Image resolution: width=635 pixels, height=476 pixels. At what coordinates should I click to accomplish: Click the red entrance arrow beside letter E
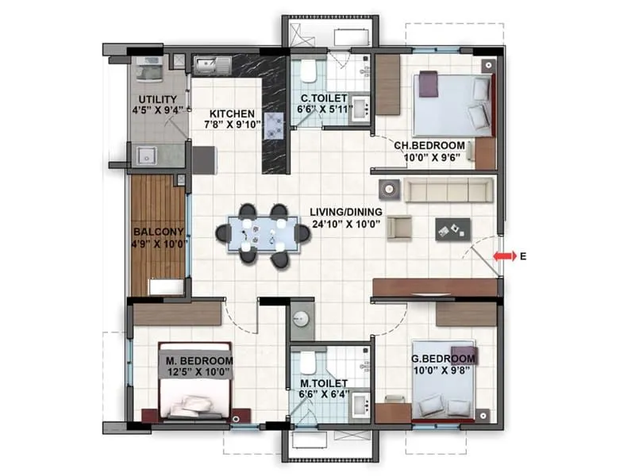click(502, 256)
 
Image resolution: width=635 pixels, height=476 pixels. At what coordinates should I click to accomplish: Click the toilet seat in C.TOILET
click(308, 74)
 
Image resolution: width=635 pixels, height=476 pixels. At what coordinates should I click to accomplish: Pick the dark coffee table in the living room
click(452, 228)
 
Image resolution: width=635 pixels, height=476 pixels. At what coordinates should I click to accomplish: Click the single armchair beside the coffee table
click(399, 228)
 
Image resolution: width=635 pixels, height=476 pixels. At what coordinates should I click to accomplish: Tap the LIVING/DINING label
click(346, 212)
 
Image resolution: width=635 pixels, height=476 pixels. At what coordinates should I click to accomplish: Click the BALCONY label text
click(159, 232)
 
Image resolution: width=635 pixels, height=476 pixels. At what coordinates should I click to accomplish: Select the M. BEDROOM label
click(199, 360)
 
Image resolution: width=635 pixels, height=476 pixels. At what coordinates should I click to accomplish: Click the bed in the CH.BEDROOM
click(451, 103)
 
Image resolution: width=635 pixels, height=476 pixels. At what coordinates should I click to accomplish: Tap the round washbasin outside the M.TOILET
click(302, 319)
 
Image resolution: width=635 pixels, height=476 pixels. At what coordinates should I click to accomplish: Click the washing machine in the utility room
click(148, 69)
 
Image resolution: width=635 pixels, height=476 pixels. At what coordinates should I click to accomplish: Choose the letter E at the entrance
click(523, 256)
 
